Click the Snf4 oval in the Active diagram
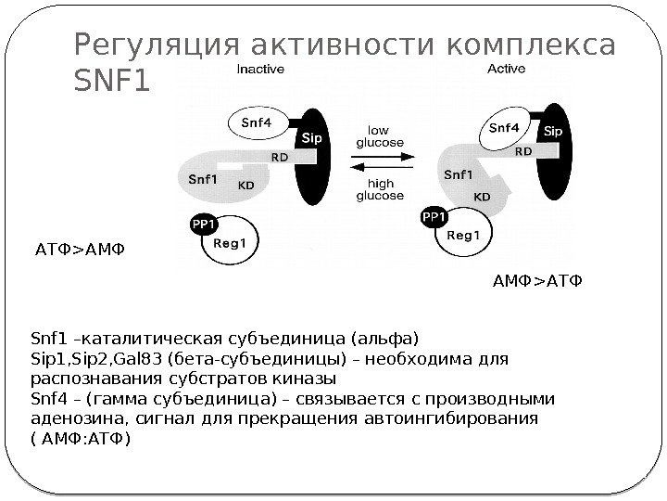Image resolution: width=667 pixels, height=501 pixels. pos(504,131)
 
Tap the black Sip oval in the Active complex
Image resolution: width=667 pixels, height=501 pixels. pos(553,158)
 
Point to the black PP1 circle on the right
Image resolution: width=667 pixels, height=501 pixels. pos(433,217)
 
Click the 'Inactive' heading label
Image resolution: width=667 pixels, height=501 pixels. pos(261,69)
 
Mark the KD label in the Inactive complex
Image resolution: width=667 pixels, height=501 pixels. pos(246,185)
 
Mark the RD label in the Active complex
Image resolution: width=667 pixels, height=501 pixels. pos(523,149)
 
